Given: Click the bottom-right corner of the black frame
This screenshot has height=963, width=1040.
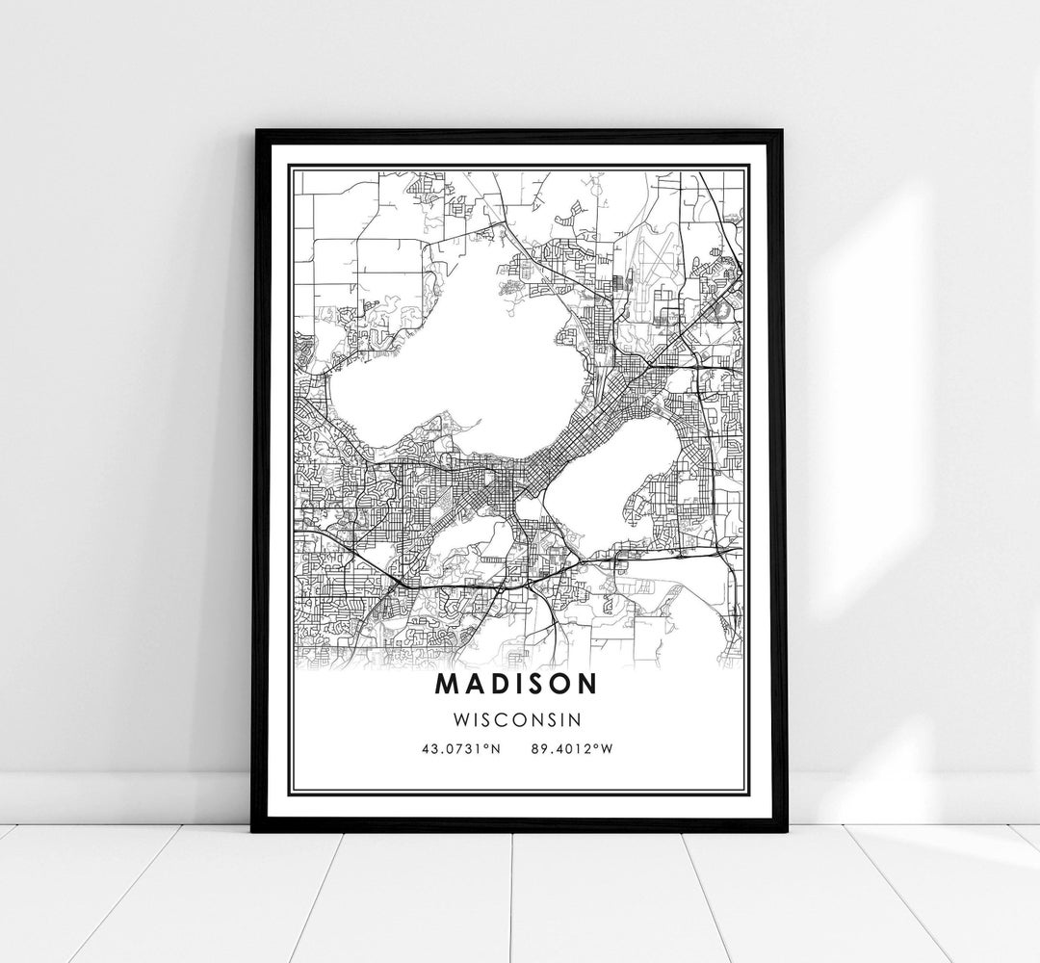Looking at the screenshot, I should (783, 829).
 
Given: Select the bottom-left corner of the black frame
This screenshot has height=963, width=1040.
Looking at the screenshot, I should (255, 829).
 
